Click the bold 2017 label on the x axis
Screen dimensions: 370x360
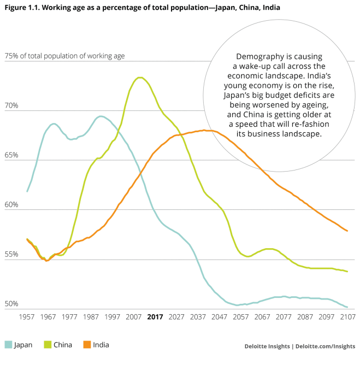156,317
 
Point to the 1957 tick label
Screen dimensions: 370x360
27,317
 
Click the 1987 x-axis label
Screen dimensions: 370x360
91,317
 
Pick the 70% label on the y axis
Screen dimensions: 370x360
11,105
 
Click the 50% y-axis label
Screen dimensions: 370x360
11,304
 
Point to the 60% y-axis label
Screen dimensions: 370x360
11,205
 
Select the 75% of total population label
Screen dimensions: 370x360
64,56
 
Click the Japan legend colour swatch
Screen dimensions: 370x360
8,345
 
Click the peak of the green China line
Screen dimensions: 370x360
140,78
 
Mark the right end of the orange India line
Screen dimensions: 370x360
347,231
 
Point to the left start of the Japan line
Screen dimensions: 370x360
27,191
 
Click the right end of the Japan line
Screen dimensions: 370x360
347,307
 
